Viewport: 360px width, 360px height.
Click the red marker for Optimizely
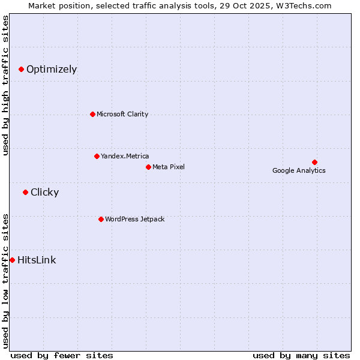tap(21, 69)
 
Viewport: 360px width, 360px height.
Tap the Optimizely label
tap(52, 69)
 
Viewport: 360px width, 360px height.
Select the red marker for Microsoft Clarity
tap(92, 114)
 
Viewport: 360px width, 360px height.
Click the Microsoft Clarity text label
tap(122, 114)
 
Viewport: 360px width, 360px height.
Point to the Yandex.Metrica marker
tap(97, 156)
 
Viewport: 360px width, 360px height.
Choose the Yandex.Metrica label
tap(125, 156)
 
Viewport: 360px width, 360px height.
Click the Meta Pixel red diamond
tap(148, 167)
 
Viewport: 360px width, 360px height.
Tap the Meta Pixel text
tap(169, 167)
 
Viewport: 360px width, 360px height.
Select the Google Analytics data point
tap(314, 162)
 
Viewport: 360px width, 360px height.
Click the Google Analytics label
tap(299, 170)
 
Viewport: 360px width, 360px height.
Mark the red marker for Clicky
tap(25, 192)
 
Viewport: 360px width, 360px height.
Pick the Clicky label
tap(44, 192)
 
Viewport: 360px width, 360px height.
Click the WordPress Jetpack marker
tap(101, 219)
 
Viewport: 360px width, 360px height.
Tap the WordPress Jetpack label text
tap(134, 219)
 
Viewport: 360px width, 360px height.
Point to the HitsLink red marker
tap(12, 260)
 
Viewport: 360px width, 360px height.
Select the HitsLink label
tap(37, 260)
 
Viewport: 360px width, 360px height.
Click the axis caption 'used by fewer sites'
tap(62, 355)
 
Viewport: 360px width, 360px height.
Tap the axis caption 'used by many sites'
tap(301, 355)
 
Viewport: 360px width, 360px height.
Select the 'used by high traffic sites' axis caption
tap(5, 85)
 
